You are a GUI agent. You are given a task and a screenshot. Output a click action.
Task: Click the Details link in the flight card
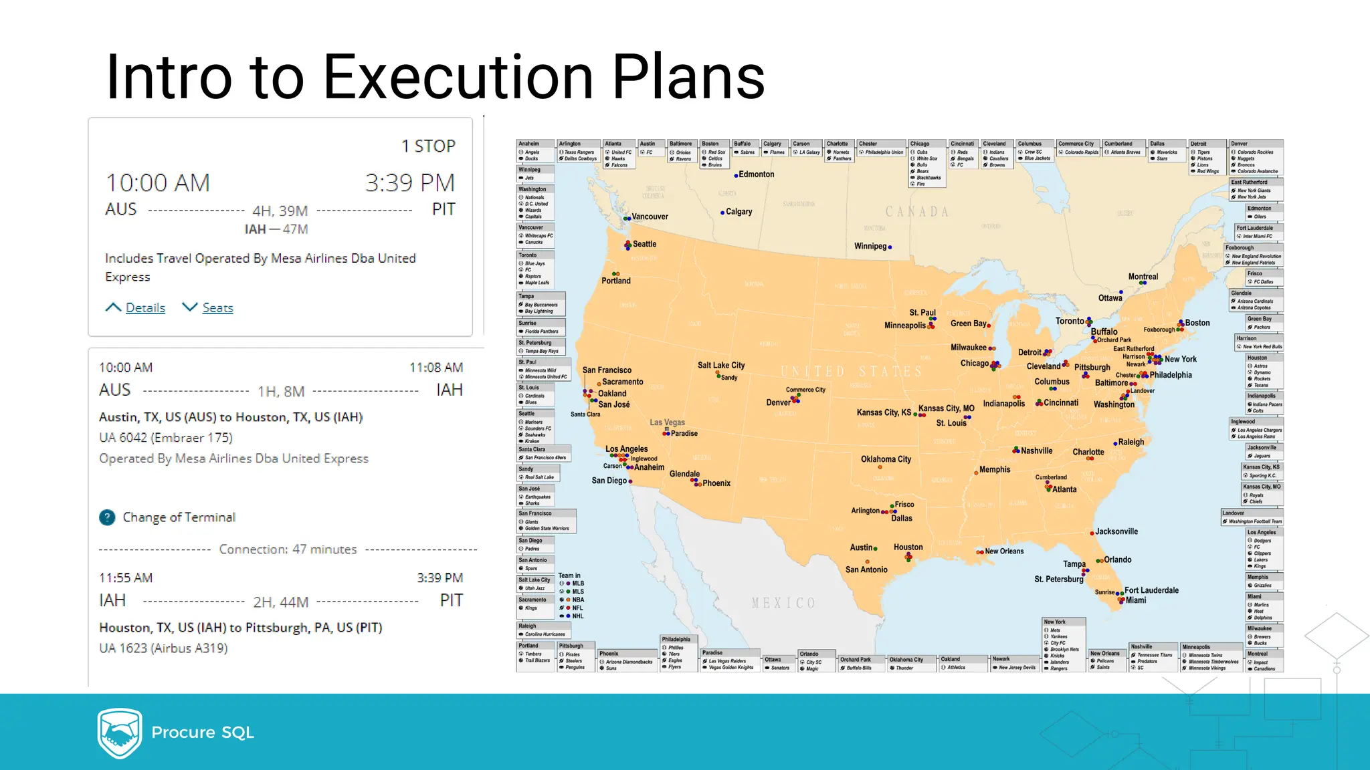(145, 307)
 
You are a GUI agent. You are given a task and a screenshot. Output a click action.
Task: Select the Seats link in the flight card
(217, 307)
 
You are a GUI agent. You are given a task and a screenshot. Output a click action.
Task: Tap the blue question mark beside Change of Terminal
(107, 517)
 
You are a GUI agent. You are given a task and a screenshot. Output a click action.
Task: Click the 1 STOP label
(428, 146)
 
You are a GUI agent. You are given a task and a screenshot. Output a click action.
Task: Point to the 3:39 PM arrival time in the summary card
(409, 182)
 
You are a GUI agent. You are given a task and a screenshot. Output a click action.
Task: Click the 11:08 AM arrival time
(435, 368)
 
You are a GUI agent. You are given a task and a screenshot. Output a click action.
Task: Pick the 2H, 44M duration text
(281, 602)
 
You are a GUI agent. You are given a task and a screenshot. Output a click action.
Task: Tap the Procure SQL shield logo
(120, 733)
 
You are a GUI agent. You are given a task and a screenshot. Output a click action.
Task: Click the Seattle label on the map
(644, 244)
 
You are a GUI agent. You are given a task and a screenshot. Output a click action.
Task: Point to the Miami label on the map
(1136, 600)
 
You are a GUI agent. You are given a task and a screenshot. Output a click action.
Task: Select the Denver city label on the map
(779, 402)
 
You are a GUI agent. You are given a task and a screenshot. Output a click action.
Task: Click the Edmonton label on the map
(757, 174)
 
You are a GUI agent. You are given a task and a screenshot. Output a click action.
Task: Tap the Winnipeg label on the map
(870, 246)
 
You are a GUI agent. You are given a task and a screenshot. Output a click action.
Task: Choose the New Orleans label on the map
(1004, 551)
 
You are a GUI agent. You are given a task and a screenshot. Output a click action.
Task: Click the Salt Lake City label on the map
(721, 365)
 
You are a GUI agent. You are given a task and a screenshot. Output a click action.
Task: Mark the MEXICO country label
(783, 603)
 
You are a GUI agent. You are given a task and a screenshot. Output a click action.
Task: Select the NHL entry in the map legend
(578, 616)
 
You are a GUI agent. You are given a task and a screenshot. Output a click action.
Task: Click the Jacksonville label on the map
(1116, 531)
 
